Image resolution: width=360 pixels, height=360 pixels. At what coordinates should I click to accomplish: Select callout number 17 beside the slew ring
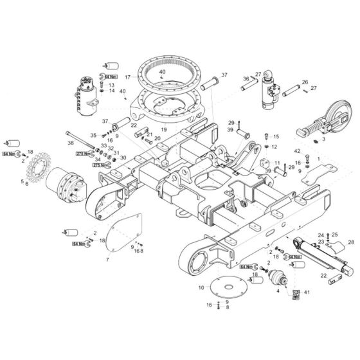[x=127, y=77]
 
